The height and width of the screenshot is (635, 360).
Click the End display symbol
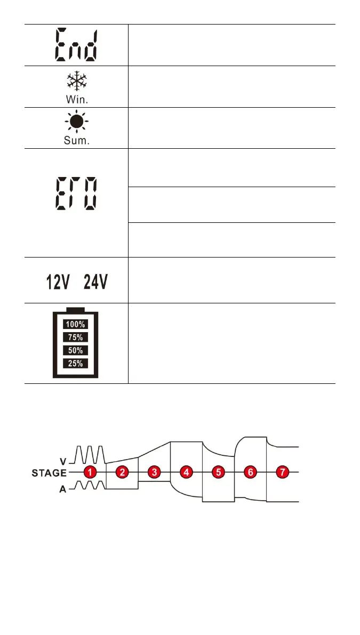pyautogui.click(x=76, y=45)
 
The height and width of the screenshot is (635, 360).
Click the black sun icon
pyautogui.click(x=76, y=122)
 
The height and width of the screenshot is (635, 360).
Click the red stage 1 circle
pyautogui.click(x=91, y=472)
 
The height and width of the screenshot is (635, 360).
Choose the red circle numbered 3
pyautogui.click(x=154, y=472)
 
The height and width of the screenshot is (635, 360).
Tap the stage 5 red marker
pyautogui.click(x=218, y=472)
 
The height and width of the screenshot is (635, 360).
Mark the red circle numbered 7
pyautogui.click(x=282, y=472)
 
